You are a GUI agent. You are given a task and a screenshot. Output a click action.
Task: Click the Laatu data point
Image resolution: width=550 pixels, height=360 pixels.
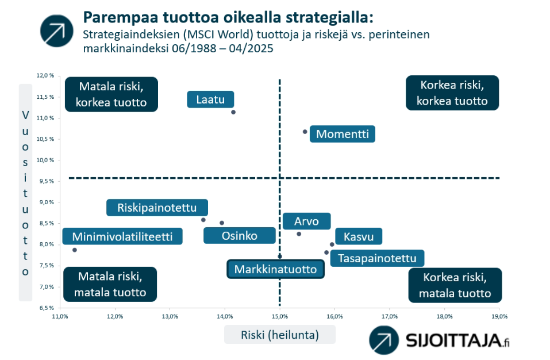coord(233,112)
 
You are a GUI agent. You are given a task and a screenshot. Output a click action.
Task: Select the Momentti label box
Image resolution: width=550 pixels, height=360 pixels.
coord(343,134)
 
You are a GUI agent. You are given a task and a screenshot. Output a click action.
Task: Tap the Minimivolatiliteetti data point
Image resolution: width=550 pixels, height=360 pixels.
coord(75,250)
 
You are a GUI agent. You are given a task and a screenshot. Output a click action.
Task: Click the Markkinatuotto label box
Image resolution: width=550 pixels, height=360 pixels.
coord(276,269)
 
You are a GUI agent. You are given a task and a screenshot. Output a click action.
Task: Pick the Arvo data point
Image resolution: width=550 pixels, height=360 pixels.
coord(299,234)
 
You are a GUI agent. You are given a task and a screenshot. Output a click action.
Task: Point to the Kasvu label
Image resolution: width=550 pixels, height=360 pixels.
coord(359,236)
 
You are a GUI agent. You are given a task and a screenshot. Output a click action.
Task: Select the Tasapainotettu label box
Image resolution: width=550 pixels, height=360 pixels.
coord(378,258)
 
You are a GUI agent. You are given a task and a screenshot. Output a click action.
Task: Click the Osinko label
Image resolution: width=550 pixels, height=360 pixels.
coord(240,235)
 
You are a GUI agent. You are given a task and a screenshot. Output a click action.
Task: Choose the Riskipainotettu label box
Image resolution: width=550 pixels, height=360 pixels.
coord(157,208)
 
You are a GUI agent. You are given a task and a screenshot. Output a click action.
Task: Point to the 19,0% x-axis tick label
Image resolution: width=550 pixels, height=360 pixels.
coord(499,316)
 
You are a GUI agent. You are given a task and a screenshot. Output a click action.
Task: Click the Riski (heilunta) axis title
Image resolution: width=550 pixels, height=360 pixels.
coord(280,335)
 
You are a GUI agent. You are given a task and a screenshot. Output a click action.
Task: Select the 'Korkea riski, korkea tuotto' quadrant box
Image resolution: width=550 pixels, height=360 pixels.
coord(452,93)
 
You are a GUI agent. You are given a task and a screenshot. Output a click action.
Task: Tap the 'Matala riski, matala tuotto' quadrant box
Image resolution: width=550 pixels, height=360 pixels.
coord(110,284)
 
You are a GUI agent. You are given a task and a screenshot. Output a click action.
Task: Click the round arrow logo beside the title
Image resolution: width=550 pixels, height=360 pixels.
coord(57,31)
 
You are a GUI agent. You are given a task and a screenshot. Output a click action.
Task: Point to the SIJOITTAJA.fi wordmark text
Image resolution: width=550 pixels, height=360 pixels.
coord(457,340)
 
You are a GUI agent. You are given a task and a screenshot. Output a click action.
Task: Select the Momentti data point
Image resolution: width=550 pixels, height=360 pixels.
coord(305,132)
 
